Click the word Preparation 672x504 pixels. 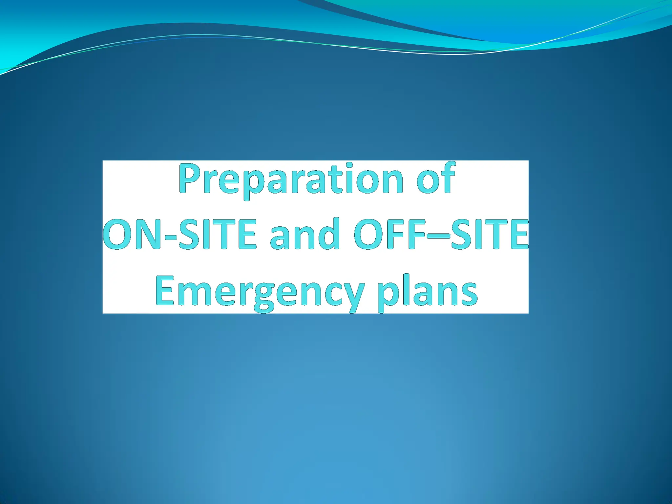(x=291, y=180)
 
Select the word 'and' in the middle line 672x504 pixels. (x=304, y=234)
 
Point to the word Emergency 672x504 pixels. (x=259, y=292)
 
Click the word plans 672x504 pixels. (x=427, y=292)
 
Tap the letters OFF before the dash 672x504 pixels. (x=392, y=234)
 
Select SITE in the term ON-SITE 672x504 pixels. (x=217, y=234)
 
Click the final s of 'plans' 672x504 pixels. (x=469, y=293)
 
